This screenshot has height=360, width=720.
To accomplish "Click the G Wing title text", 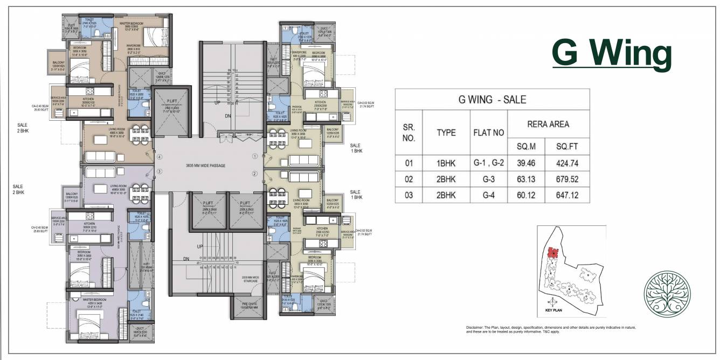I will (x=612, y=53).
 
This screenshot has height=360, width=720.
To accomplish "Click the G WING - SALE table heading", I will (x=492, y=99).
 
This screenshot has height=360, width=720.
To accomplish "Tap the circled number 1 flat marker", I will (x=254, y=156).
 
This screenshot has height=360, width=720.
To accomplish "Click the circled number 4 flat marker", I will (x=160, y=157).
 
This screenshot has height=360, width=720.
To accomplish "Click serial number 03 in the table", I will (x=409, y=196).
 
